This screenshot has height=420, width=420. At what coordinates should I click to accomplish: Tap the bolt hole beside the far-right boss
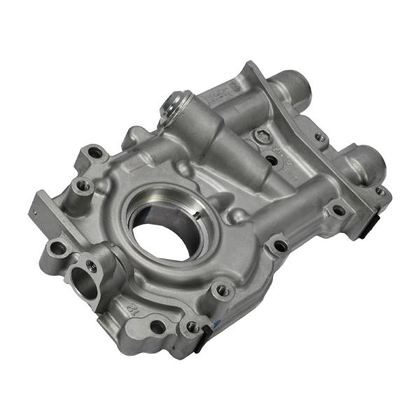379,191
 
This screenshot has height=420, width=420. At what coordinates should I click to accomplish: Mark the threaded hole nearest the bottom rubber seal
190,325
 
